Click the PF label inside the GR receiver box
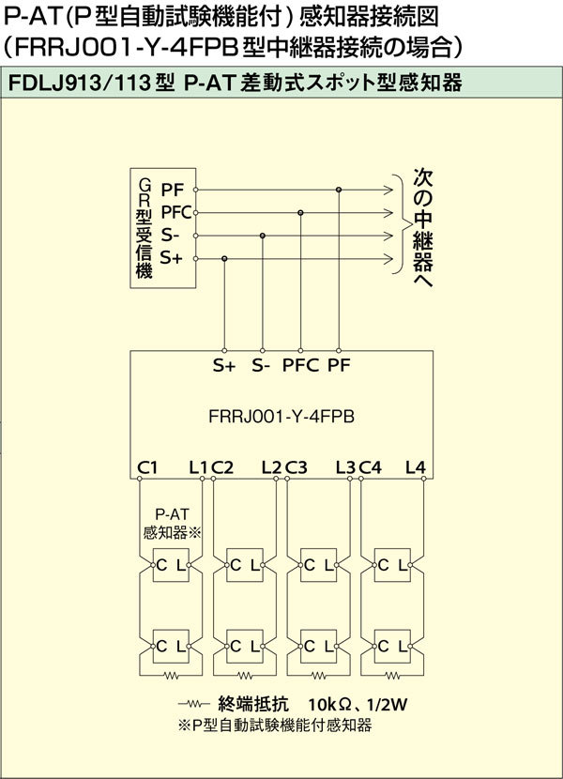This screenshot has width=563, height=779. [x=173, y=190]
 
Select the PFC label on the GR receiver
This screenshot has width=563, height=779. [x=177, y=213]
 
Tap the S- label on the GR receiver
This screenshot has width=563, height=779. [x=170, y=235]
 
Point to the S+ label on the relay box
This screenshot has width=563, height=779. [x=224, y=366]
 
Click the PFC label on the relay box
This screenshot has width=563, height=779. [x=300, y=366]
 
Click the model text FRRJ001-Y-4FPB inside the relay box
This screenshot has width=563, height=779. [x=281, y=417]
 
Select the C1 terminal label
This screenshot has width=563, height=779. [x=147, y=467]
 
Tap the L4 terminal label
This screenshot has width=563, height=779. [x=416, y=467]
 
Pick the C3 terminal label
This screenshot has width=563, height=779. [x=297, y=467]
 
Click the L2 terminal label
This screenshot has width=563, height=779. [x=271, y=467]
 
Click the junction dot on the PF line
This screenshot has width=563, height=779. [x=339, y=190]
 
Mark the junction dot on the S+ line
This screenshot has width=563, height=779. [x=224, y=259]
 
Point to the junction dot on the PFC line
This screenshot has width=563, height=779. [x=300, y=213]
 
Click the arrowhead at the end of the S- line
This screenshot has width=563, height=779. [x=388, y=236]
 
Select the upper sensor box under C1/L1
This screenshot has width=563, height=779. [x=171, y=565]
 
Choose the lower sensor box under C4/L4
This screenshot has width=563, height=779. [x=392, y=647]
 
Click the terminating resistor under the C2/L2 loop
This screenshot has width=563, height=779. [x=245, y=676]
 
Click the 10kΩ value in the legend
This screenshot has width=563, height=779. [x=329, y=704]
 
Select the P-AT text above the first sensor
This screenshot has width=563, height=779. [x=172, y=514]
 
